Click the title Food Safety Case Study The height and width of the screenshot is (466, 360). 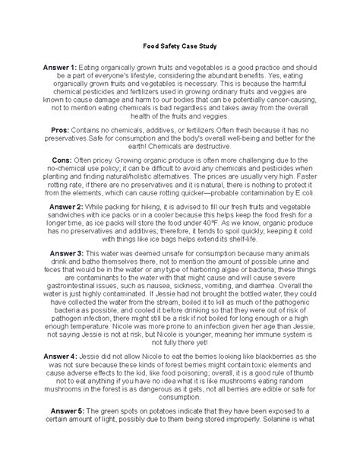179,45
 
